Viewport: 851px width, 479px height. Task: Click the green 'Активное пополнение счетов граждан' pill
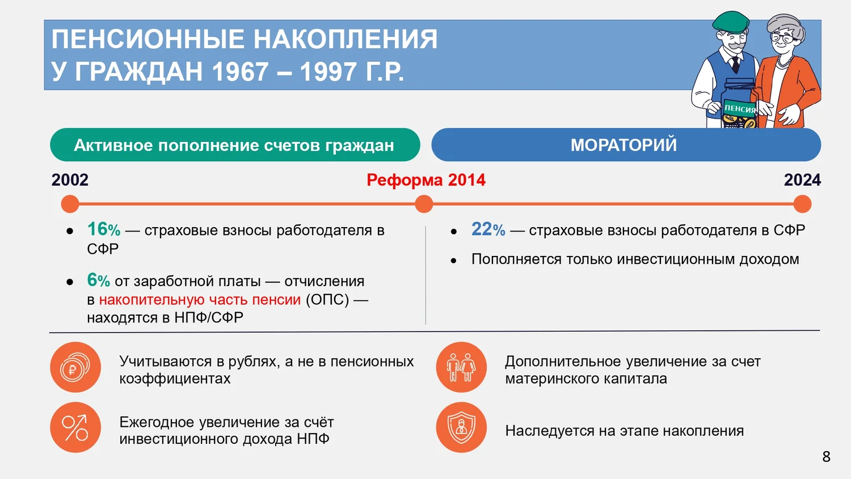pos(235,145)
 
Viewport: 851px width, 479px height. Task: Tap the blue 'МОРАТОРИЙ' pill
pos(626,145)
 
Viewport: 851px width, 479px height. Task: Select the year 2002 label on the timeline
pos(70,180)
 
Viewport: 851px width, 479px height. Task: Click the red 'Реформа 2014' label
pos(426,180)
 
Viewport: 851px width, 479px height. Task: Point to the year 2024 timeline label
pos(802,180)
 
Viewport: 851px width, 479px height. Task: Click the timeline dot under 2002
pos(70,204)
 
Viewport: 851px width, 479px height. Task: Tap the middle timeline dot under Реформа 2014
pos(424,204)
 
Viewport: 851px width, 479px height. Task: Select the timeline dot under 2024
pos(802,204)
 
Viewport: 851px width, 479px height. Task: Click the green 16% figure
pos(104,229)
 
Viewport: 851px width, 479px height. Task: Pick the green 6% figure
pos(98,280)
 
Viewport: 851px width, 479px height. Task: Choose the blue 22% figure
pos(488,229)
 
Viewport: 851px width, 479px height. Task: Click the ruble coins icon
pos(75,367)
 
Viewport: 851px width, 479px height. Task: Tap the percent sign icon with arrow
pos(75,427)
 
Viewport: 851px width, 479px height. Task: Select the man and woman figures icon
pos(461,367)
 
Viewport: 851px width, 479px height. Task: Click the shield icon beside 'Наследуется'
pos(461,427)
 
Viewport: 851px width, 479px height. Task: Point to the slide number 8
pos(826,456)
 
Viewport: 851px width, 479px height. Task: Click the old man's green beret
pos(730,22)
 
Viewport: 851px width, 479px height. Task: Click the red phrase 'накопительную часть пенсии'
pos(200,300)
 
